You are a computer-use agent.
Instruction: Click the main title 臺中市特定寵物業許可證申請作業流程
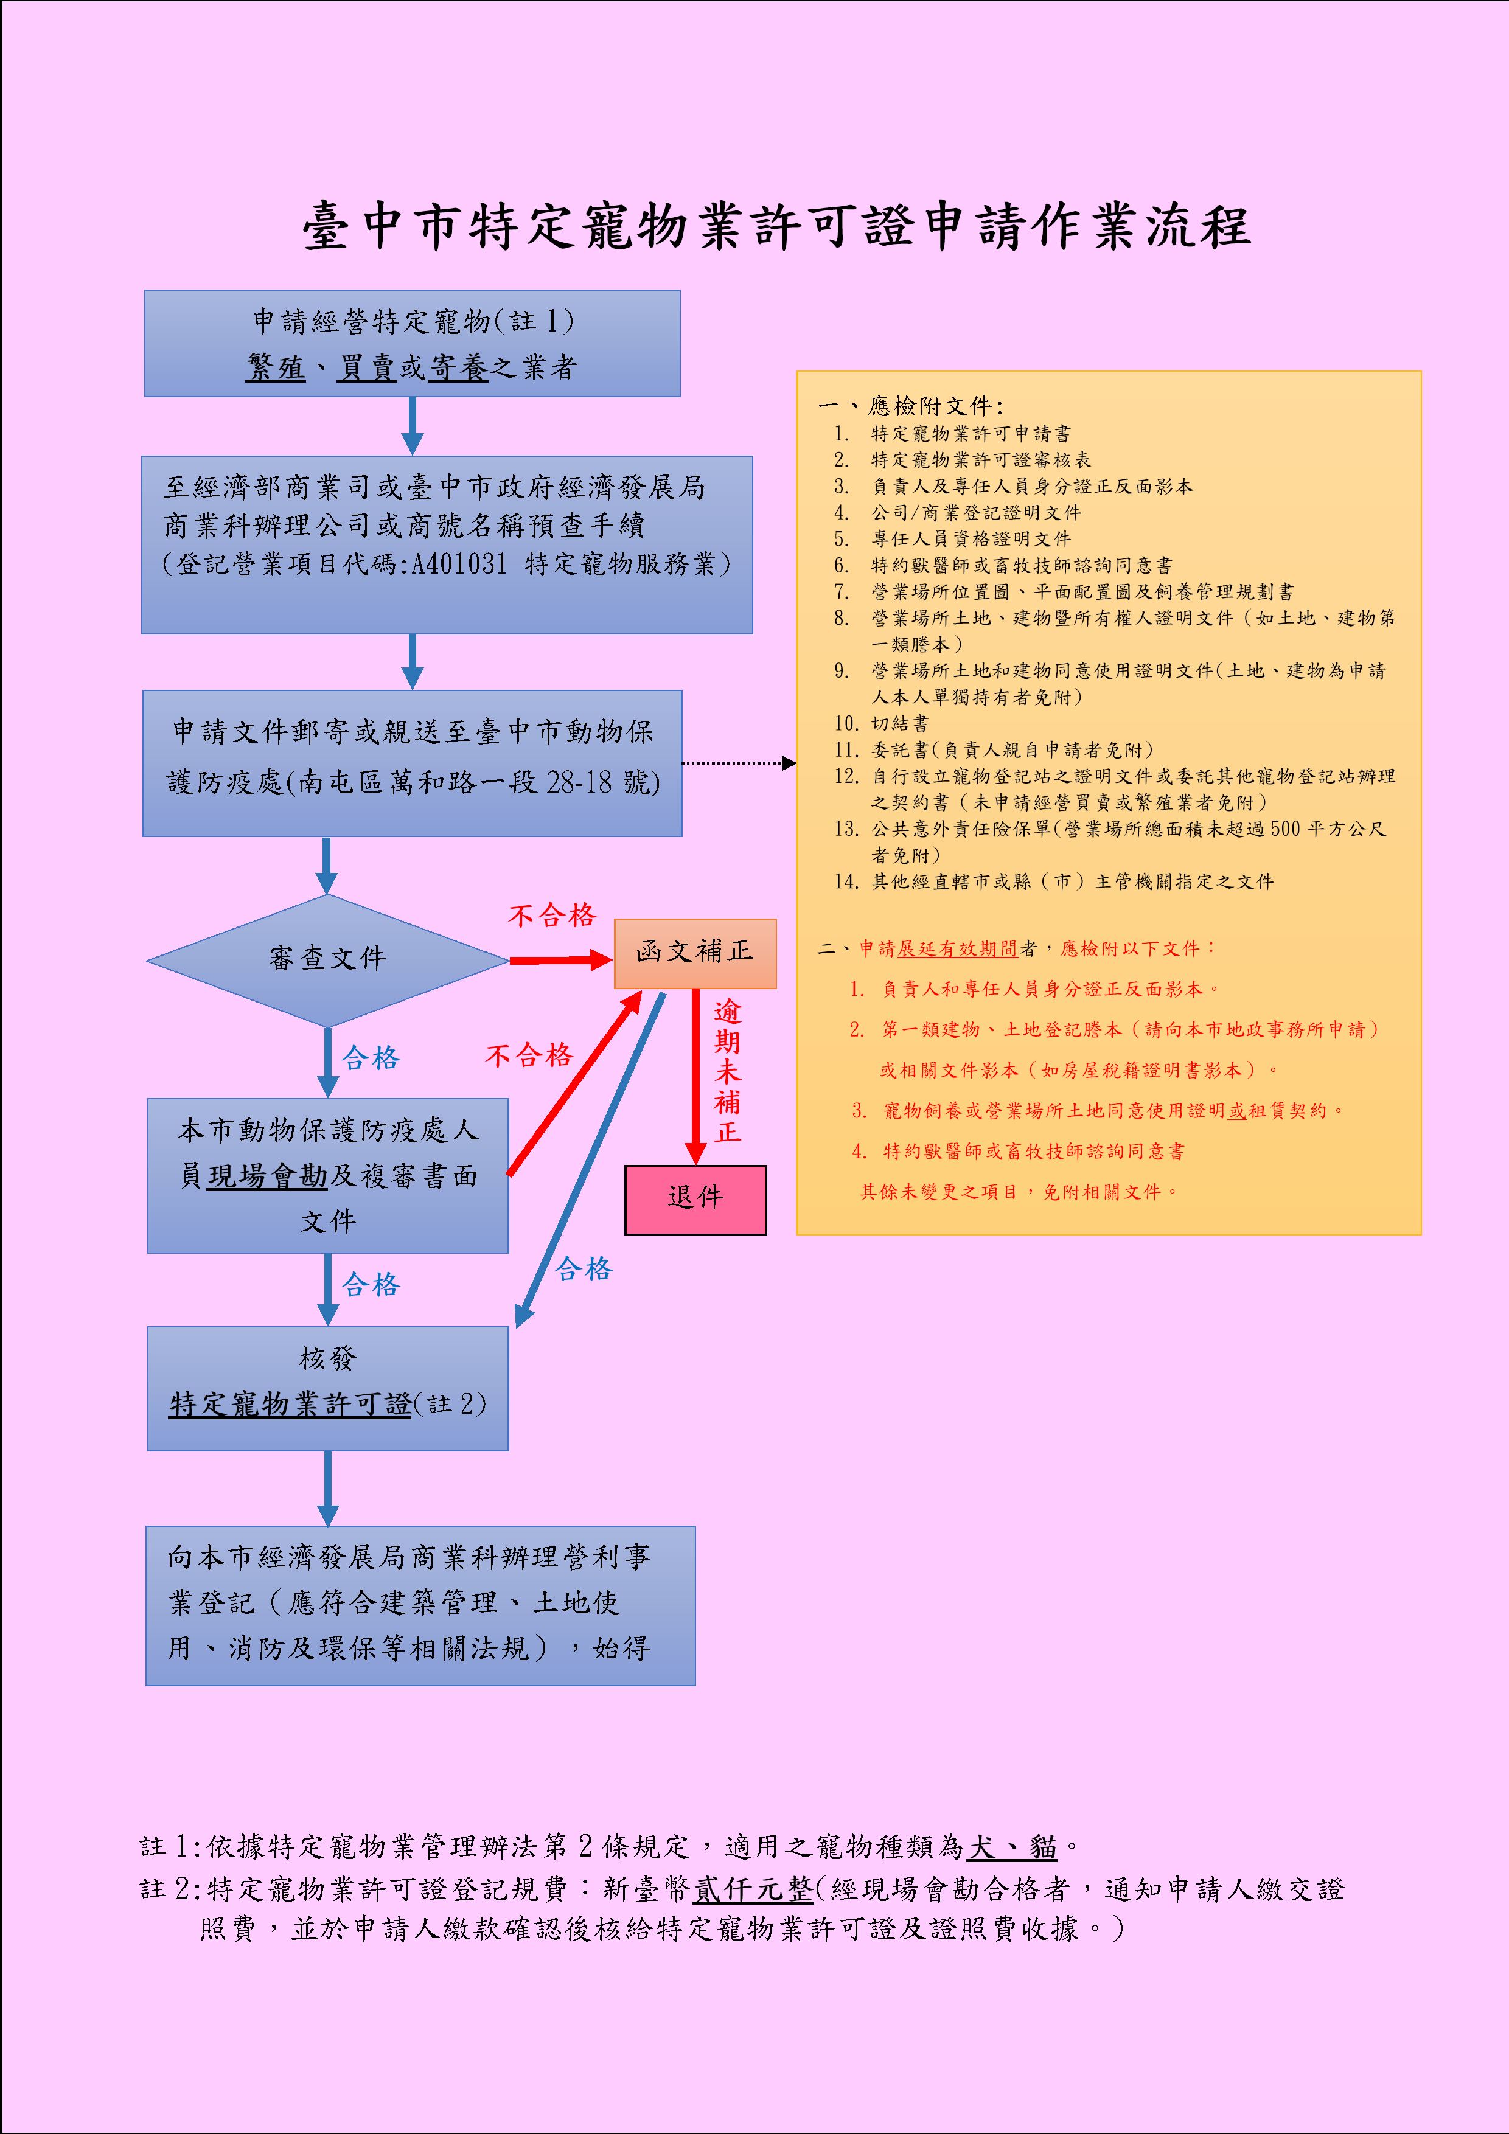[x=777, y=227]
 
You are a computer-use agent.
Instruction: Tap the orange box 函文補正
[x=694, y=952]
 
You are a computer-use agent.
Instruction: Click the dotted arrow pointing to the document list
[x=739, y=763]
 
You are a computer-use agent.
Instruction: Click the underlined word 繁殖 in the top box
[x=276, y=368]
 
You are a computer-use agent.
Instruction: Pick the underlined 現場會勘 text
[x=267, y=1176]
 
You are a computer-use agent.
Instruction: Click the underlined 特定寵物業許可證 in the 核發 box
[x=290, y=1405]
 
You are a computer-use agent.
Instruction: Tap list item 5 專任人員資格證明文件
[x=970, y=539]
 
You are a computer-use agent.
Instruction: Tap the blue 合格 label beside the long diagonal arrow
[x=584, y=1269]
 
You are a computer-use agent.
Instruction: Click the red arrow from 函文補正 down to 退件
[x=695, y=1074]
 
